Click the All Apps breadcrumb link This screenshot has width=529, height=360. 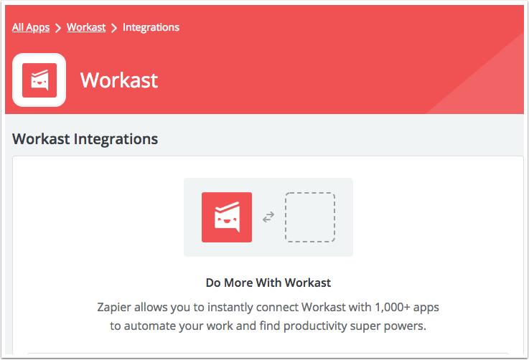31,27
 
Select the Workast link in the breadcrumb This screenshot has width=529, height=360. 86,27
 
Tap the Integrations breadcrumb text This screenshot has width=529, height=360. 151,27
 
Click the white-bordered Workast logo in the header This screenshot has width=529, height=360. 39,80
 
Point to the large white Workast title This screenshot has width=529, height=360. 119,80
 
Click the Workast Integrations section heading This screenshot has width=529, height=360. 85,138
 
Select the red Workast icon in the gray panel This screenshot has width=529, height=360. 227,217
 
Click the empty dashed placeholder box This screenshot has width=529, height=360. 310,217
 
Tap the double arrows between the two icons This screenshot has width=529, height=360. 268,217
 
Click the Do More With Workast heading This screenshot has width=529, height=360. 268,283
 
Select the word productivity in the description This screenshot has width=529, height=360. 324,326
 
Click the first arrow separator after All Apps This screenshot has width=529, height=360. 58,28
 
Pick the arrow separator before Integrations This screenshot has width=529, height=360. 114,28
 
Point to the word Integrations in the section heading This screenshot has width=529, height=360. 116,138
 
